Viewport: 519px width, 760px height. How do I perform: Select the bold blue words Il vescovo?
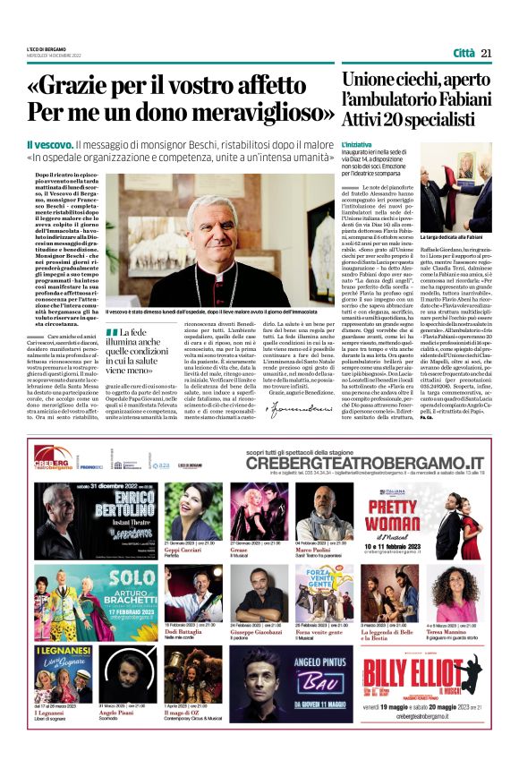(x=48, y=144)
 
